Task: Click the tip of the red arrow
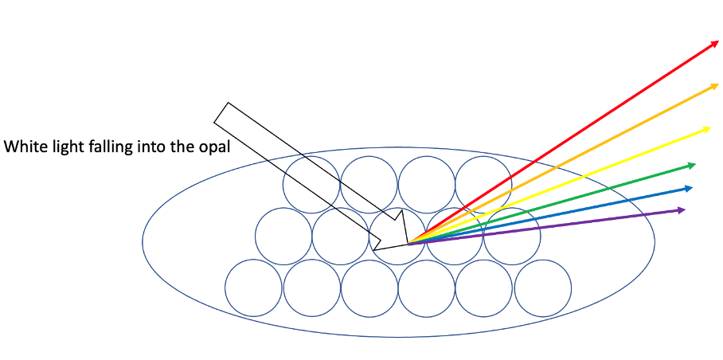[717, 42]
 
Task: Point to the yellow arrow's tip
[709, 127]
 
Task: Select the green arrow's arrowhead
[694, 165]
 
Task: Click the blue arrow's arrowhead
[690, 188]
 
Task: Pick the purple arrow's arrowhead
[683, 209]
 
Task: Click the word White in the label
[23, 147]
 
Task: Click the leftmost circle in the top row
[311, 185]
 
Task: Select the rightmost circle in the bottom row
[543, 288]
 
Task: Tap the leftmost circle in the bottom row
[254, 288]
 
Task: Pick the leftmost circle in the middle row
[283, 236]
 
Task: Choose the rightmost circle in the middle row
[512, 236]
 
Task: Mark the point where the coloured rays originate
[408, 243]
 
